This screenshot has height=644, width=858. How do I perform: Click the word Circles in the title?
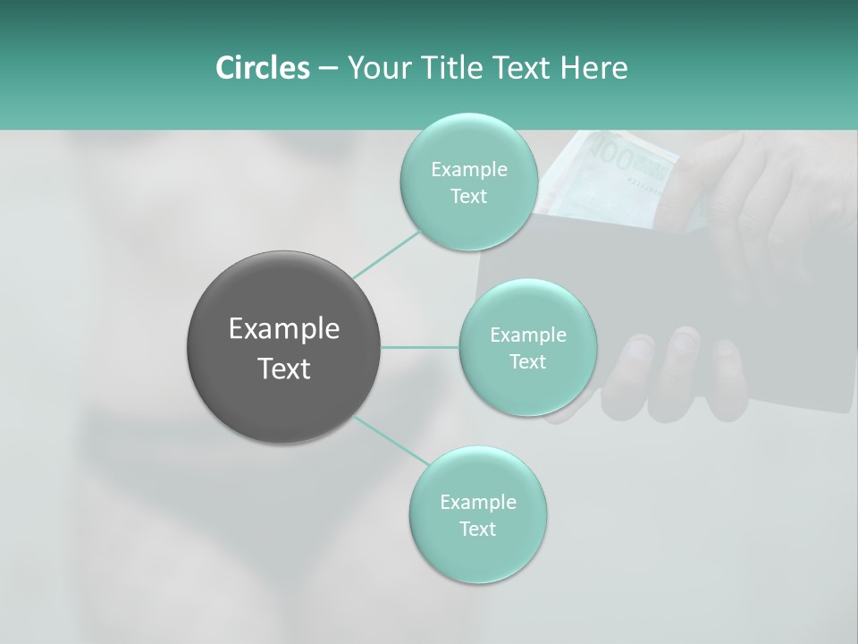[262, 68]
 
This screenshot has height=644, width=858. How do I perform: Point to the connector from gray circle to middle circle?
[420, 347]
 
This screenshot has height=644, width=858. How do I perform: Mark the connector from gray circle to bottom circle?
[391, 441]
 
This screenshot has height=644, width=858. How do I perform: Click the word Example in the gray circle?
[283, 329]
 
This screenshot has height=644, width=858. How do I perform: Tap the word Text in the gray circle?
[283, 369]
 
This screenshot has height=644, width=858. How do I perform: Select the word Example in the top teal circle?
[468, 170]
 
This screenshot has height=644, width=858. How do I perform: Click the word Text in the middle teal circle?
[527, 362]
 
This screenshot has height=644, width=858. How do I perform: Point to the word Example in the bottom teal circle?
[477, 503]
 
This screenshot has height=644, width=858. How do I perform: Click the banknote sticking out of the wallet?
[617, 170]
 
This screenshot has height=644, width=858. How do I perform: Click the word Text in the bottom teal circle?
[477, 530]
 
